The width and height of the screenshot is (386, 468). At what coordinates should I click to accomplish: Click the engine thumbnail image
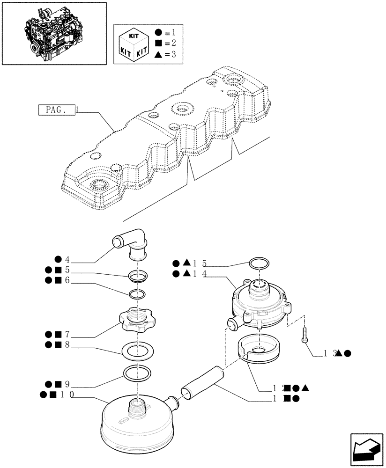click(53, 33)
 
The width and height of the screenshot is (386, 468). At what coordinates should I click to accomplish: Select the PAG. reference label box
click(56, 110)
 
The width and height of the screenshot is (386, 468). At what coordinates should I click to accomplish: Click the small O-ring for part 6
click(137, 294)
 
